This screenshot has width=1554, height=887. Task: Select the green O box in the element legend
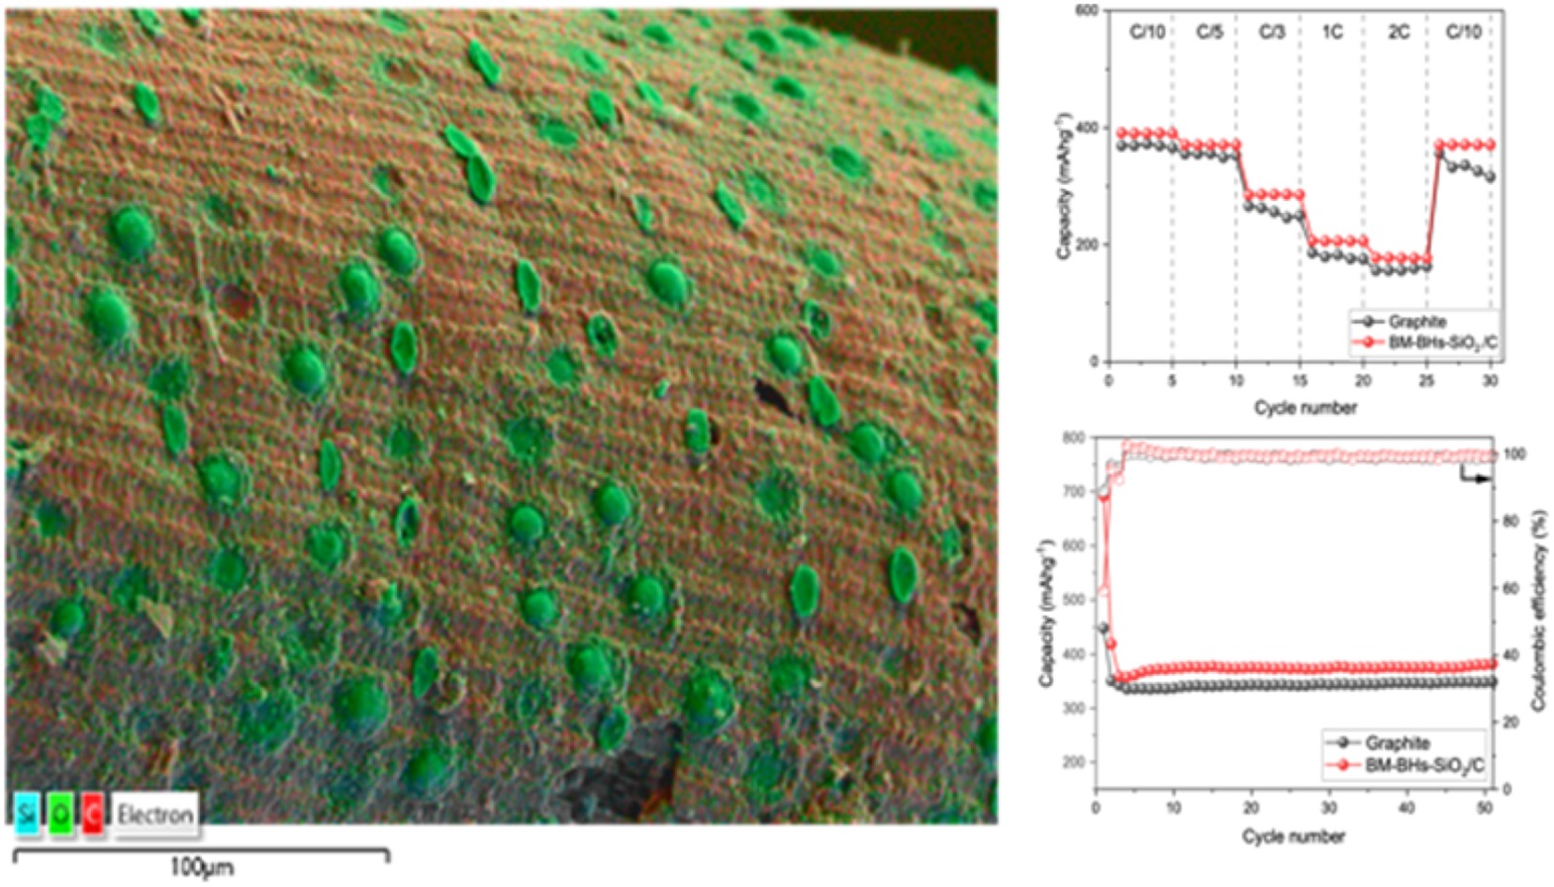tap(61, 814)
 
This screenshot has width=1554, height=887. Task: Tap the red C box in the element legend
tap(92, 814)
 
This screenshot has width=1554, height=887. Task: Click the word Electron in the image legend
tap(155, 814)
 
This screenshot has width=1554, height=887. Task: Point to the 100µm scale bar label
tap(201, 868)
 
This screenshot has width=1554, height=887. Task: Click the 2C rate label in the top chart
tap(1398, 33)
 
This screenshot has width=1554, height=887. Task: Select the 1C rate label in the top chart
tap(1331, 33)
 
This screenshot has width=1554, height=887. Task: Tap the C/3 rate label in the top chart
tap(1270, 33)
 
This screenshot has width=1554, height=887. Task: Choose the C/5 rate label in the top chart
tap(1209, 33)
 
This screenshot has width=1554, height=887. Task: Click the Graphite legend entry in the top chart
tap(1418, 322)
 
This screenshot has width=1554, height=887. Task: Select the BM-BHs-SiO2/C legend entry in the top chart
tap(1442, 344)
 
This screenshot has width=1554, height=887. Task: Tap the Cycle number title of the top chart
tap(1305, 407)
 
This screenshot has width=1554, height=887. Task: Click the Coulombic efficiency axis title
tap(1539, 610)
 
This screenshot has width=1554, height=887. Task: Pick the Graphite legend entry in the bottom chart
tap(1397, 743)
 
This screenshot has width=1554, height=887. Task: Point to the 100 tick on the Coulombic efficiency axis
tap(1509, 454)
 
